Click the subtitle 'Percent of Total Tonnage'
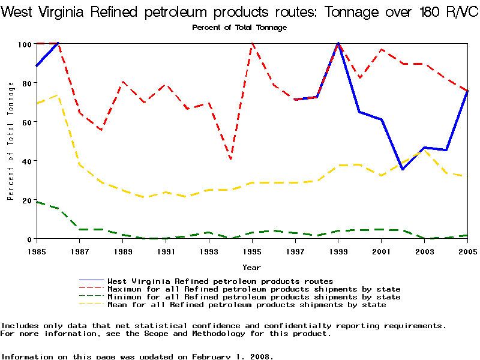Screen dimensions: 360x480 pos(239,28)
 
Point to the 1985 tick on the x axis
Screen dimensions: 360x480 pos(37,250)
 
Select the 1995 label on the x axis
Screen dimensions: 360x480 pos(252,250)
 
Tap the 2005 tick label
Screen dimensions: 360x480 pos(467,250)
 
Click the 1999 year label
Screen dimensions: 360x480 pos(338,250)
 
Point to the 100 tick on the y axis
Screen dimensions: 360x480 pos(25,44)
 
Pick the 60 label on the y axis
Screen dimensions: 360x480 pos(26,122)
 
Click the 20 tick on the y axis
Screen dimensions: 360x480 pos(26,200)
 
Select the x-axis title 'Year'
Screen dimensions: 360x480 pos(251,267)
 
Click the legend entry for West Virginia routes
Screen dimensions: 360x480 pos(220,281)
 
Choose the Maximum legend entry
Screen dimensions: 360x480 pos(253,289)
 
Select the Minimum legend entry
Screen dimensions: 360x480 pos(253,297)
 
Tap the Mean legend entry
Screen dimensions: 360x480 pos(246,305)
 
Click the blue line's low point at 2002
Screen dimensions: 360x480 pos(403,169)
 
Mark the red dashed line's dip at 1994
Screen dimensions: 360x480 pos(231,159)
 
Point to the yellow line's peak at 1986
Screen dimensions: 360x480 pos(58,94)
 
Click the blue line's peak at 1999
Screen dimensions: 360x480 pos(338,43)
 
